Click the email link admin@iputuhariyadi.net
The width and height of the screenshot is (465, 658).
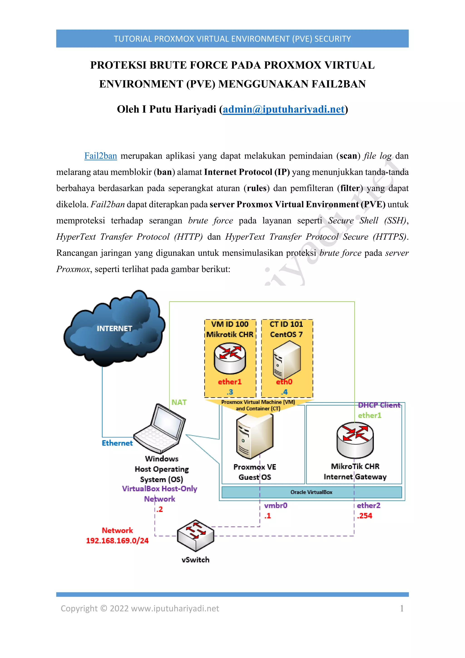283,110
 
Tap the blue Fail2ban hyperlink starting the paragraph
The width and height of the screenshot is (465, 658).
101,156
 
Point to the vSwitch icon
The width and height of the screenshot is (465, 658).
195,535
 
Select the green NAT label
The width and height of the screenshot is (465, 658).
179,402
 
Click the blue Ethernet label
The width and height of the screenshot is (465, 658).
117,443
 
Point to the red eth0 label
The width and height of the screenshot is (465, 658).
284,382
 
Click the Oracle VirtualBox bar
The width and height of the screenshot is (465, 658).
312,492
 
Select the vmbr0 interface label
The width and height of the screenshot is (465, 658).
276,505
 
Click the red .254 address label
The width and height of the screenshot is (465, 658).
364,516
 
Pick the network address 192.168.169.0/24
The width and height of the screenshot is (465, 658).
117,541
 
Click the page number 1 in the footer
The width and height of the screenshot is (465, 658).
402,608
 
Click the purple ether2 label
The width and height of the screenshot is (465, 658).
369,505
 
